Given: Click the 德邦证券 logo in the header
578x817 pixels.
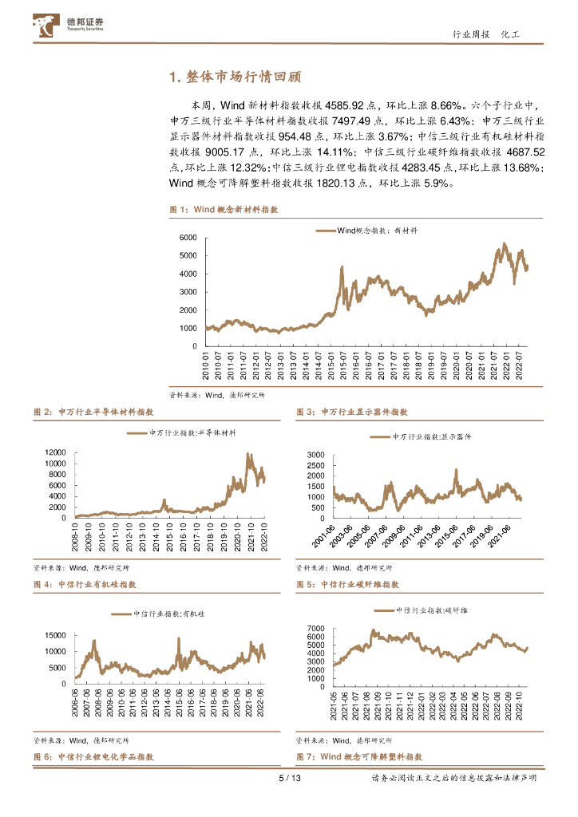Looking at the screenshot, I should click(71, 26).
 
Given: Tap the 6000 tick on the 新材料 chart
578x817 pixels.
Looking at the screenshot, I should click(188, 238).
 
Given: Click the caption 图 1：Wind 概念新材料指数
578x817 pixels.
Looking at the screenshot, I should click(224, 209).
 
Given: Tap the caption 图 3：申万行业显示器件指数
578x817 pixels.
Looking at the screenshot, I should click(352, 412).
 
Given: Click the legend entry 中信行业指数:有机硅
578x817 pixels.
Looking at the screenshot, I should click(160, 614).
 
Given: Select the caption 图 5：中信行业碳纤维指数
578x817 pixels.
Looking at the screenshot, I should click(347, 585).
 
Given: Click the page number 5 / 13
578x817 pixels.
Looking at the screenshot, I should click(289, 779).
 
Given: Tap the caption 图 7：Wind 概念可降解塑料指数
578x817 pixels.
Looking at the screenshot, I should click(358, 756).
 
